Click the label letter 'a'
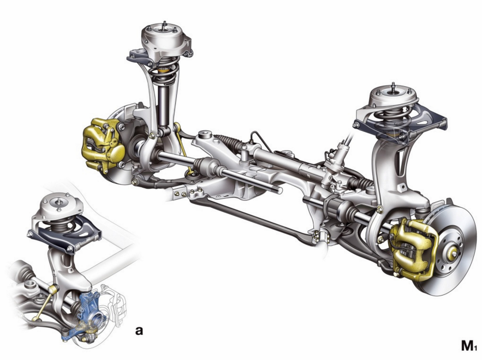pyautogui.click(x=139, y=331)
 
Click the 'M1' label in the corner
pyautogui.click(x=468, y=346)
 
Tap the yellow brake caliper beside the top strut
pyautogui.click(x=103, y=144)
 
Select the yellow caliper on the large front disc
pyautogui.click(x=413, y=249)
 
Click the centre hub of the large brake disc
pyautogui.click(x=451, y=252)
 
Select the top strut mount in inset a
pyautogui.click(x=61, y=207)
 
